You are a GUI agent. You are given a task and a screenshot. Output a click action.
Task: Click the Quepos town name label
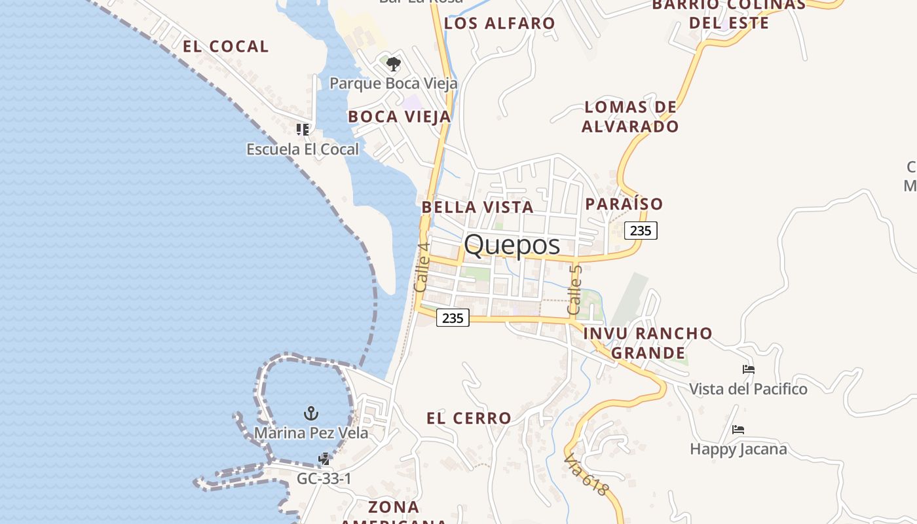click(x=512, y=245)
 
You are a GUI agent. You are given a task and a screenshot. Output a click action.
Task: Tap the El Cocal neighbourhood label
click(x=225, y=47)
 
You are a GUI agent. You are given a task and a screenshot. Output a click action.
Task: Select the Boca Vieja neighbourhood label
click(x=400, y=117)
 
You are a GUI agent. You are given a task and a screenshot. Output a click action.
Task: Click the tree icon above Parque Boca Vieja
click(x=393, y=64)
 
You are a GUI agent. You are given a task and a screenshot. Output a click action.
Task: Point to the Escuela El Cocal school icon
click(x=302, y=129)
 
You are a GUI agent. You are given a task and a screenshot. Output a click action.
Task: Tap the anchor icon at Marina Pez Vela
click(x=311, y=413)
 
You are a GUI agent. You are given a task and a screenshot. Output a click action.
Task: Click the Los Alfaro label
click(x=499, y=24)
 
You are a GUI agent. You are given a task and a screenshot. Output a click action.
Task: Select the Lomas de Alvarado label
click(x=630, y=117)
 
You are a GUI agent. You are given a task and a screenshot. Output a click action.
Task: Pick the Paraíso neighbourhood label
click(x=624, y=204)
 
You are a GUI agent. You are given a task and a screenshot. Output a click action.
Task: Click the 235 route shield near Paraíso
click(x=641, y=231)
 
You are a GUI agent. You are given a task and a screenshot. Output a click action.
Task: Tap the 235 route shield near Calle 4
click(x=453, y=318)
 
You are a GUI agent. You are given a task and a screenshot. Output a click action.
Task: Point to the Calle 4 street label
click(x=422, y=267)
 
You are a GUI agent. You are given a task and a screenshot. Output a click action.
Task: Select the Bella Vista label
click(x=477, y=207)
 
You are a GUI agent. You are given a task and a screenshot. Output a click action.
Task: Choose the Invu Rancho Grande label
click(x=648, y=343)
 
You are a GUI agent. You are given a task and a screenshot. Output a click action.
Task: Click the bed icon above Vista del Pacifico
click(x=748, y=369)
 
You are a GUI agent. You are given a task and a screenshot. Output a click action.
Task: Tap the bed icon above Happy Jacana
click(x=738, y=430)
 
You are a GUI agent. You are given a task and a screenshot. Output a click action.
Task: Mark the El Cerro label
click(x=469, y=418)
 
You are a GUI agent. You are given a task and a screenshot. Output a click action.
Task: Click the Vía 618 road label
click(x=586, y=474)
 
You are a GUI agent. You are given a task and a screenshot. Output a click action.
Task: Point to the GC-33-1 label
click(x=324, y=479)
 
